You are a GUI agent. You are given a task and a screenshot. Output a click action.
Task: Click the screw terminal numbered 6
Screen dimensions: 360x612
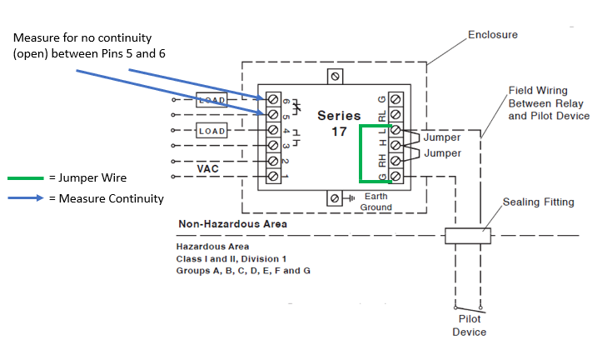[272, 99]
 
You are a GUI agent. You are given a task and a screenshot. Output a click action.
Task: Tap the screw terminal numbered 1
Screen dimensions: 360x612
[272, 176]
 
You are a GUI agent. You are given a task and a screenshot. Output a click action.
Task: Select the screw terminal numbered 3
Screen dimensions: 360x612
[272, 145]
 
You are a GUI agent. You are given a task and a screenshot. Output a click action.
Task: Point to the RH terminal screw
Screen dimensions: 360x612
[396, 161]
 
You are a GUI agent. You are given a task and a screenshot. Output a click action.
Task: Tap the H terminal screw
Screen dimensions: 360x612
[396, 146]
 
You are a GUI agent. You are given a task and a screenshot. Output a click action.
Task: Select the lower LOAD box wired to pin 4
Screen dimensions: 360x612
[211, 130]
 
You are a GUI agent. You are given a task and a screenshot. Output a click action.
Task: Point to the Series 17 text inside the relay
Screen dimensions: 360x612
[339, 123]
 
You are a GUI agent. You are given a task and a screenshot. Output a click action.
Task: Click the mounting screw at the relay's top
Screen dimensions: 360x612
[335, 76]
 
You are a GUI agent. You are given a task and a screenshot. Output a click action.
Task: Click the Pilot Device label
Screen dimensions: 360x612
[469, 325]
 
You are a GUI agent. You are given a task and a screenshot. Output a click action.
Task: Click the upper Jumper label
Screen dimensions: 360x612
[441, 137]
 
